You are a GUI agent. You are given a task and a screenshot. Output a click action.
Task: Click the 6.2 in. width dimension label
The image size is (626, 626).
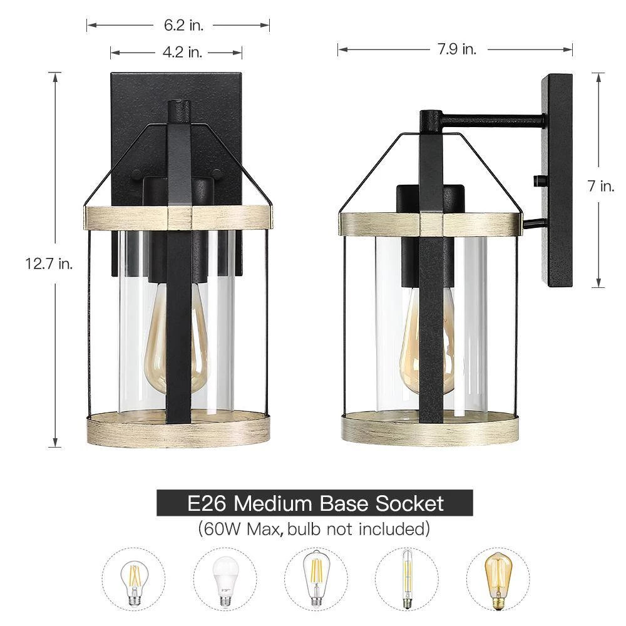[183, 25]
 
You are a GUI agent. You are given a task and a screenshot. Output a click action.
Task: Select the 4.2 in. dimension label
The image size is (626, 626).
[182, 52]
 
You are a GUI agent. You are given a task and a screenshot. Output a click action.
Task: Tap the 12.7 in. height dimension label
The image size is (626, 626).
[49, 264]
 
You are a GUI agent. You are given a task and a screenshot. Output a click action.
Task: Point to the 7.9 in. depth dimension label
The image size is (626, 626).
[458, 49]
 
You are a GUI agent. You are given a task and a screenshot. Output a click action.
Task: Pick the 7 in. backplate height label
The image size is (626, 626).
[601, 186]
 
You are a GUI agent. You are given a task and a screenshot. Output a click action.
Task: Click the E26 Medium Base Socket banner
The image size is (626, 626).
[315, 503]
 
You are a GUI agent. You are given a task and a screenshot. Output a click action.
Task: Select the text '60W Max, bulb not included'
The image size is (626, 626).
[315, 529]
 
